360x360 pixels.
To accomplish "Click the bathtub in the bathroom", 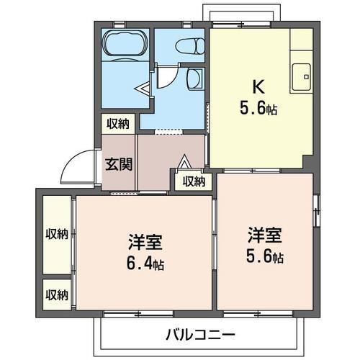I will tap(126, 44).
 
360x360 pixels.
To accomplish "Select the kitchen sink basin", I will tap(302, 74).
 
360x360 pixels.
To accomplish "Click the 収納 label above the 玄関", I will tap(119, 124).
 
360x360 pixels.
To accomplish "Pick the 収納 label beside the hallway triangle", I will tap(193, 181).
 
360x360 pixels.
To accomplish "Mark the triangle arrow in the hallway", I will tap(184, 162).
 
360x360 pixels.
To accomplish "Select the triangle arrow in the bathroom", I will tap(143, 89).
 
